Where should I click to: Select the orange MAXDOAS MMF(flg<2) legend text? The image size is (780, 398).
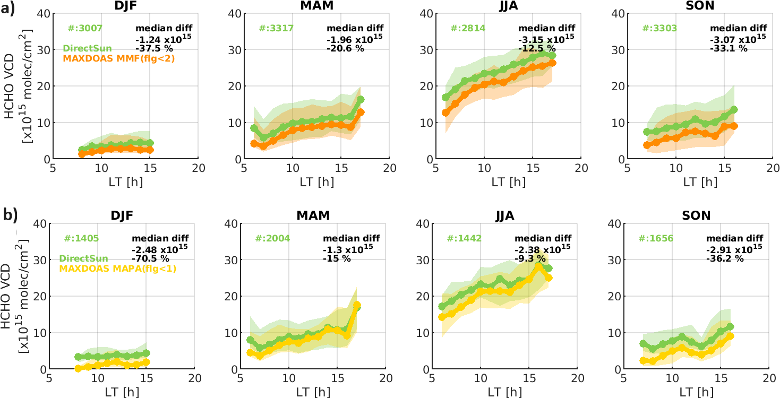pyautogui.click(x=119, y=59)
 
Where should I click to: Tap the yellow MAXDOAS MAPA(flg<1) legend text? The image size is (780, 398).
pyautogui.click(x=117, y=269)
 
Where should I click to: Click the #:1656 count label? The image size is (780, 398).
pyautogui.click(x=656, y=239)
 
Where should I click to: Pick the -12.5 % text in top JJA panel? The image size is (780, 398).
pyautogui.click(x=537, y=48)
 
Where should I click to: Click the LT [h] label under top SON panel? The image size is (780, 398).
pyautogui.click(x=699, y=182)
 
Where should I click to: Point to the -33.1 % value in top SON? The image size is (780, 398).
pyautogui.click(x=729, y=48)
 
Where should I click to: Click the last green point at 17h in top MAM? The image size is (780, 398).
pyautogui.click(x=361, y=100)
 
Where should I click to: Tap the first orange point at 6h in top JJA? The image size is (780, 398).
pyautogui.click(x=445, y=113)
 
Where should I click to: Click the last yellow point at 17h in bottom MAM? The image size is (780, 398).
pyautogui.click(x=357, y=305)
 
